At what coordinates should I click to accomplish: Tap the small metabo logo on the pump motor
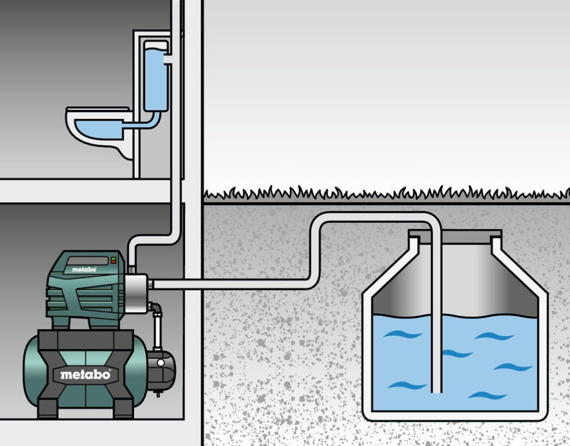(x=84, y=268)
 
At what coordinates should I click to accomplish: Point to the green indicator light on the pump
(x=113, y=259)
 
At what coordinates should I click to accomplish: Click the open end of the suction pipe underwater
(x=437, y=390)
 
